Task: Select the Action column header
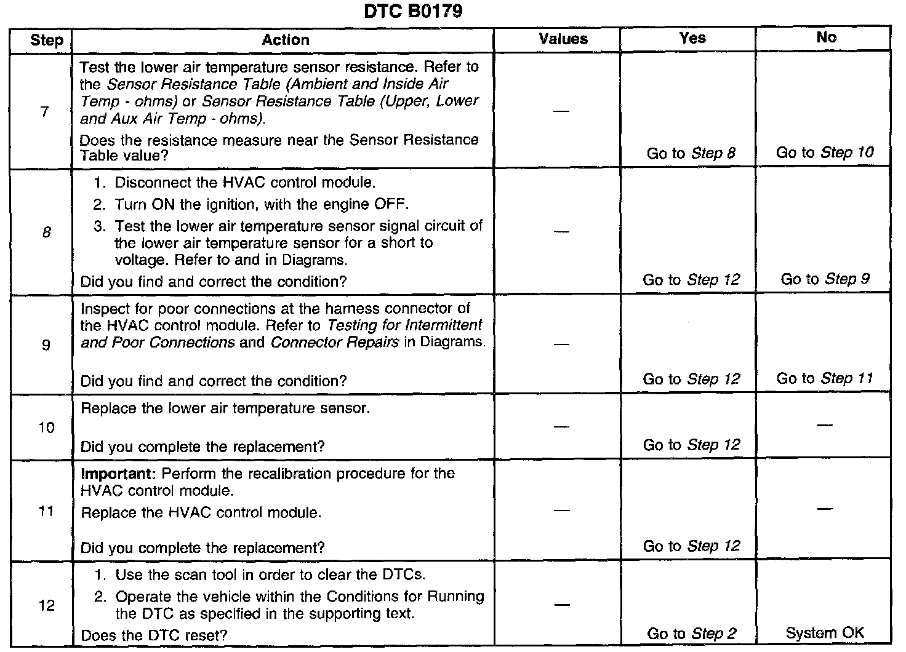point(285,40)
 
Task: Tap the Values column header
point(563,39)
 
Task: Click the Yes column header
point(692,38)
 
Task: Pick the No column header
point(826,38)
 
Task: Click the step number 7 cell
point(44,112)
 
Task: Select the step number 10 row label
point(47,427)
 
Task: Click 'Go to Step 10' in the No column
point(825,153)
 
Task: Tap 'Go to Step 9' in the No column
point(825,279)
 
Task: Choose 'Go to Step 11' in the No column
point(825,378)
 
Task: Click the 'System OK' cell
point(825,632)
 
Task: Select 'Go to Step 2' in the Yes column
point(691,634)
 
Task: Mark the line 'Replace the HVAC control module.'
point(201,512)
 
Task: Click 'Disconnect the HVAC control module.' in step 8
point(244,183)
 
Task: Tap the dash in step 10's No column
point(825,425)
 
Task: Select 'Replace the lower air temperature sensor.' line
point(225,408)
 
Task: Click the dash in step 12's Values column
point(561,605)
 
